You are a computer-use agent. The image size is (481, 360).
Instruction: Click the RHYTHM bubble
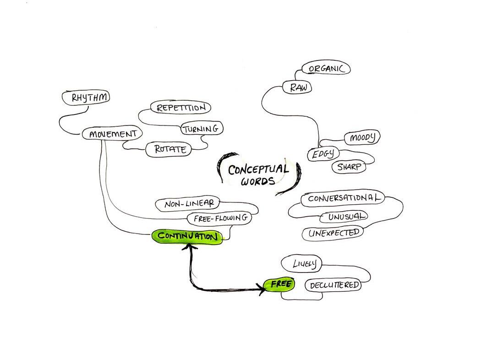coord(86,98)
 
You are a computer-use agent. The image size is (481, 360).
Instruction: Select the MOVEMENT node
coord(112,134)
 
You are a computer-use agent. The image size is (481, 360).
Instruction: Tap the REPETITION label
coord(180,108)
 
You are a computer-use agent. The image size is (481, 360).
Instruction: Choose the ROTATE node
coord(169,149)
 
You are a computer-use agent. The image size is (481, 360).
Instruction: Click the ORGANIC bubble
coord(326,69)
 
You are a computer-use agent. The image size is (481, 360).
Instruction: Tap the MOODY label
coord(362,137)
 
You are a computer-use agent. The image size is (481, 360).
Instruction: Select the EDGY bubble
coord(323,154)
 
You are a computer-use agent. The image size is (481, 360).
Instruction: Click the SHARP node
coord(349,167)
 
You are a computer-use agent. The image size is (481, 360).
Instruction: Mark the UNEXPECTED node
coord(333,233)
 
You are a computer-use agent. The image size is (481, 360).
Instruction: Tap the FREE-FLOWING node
coord(220,218)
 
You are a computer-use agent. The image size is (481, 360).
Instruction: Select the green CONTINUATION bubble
coord(187,237)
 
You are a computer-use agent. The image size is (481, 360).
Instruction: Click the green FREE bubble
coord(280,284)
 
